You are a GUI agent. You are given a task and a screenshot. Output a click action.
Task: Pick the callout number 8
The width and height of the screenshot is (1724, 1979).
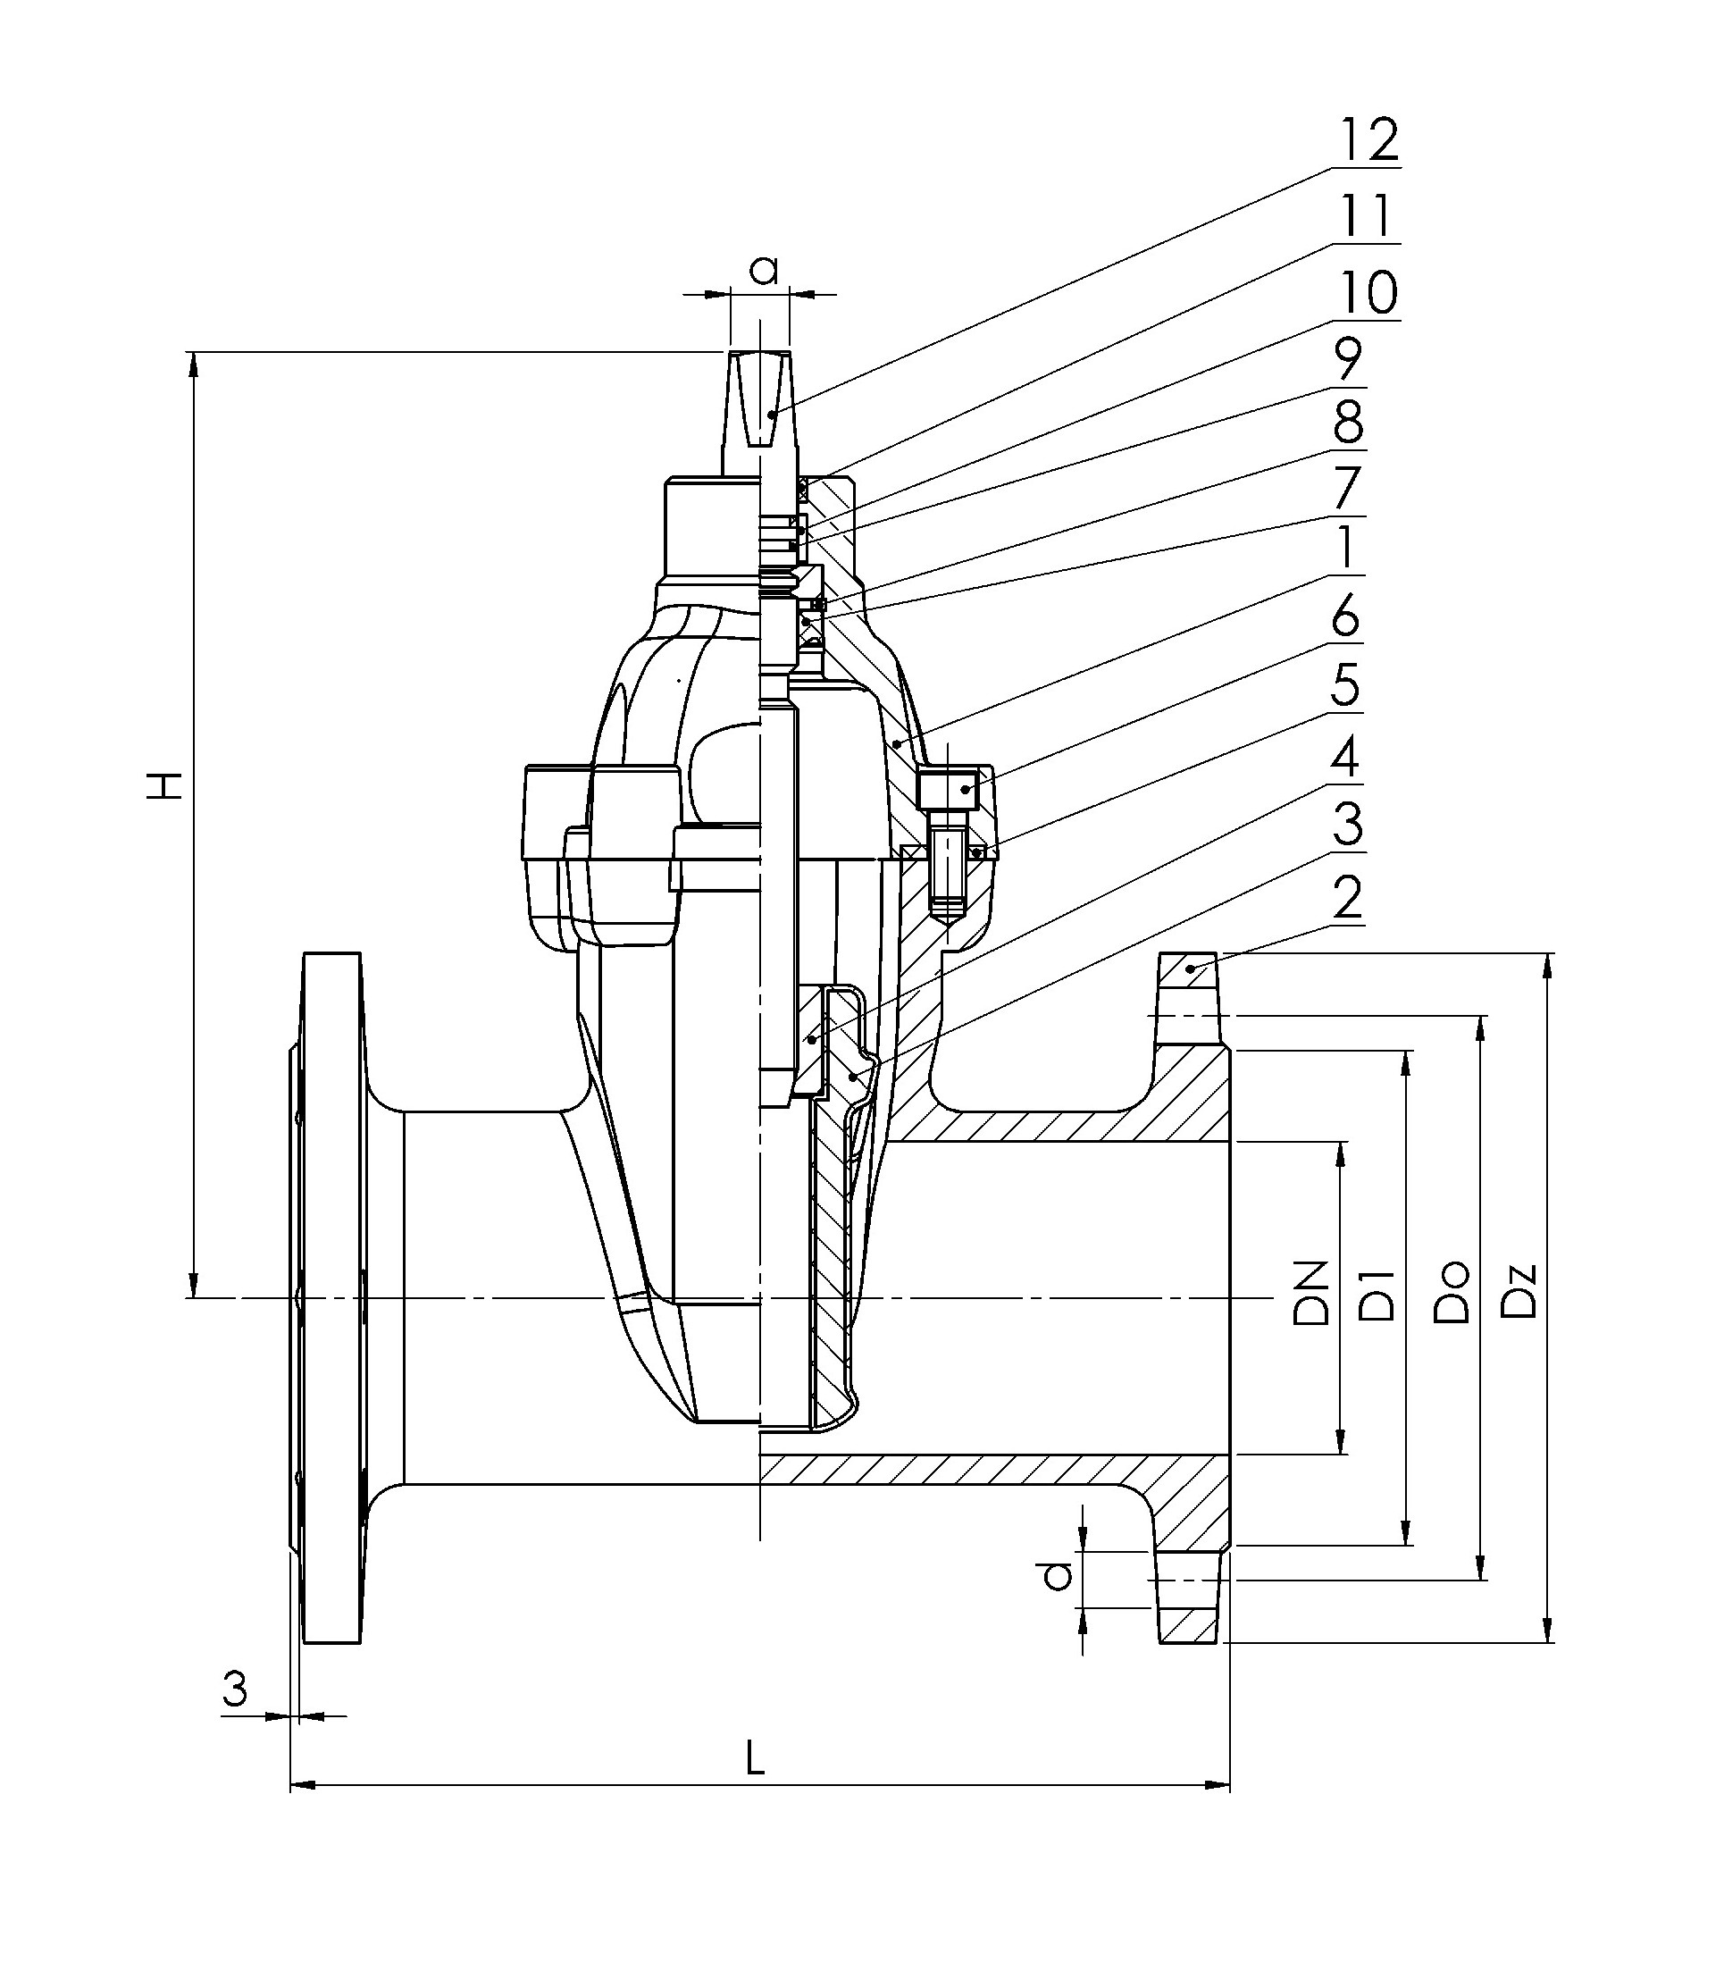click(1349, 423)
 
